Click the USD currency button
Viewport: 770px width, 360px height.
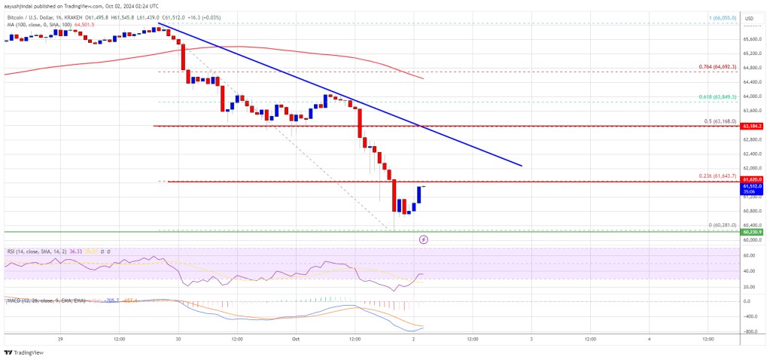coord(749,18)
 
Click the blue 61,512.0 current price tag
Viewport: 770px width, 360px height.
coord(750,186)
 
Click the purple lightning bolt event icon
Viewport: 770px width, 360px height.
coord(423,239)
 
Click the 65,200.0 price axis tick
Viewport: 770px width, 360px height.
coord(750,53)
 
